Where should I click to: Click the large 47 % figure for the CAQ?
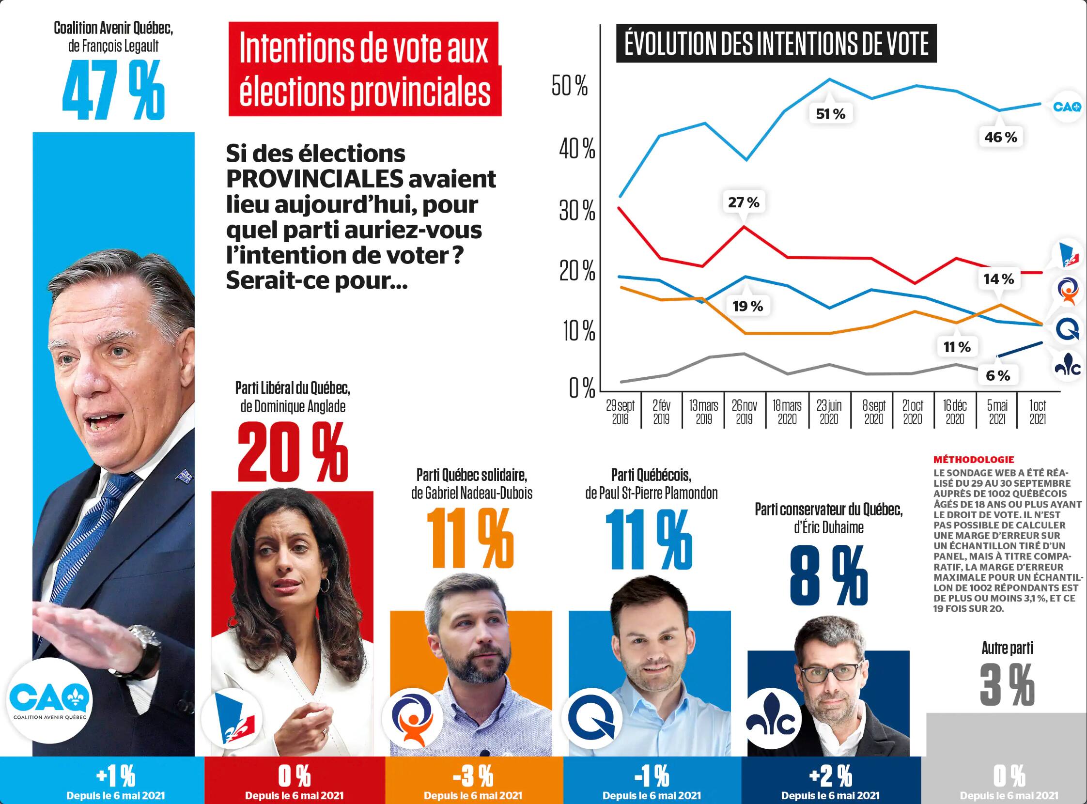pyautogui.click(x=113, y=91)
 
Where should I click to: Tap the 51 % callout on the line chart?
pyautogui.click(x=830, y=114)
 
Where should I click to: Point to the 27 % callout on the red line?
pyautogui.click(x=744, y=202)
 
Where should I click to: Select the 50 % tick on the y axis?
pyautogui.click(x=570, y=86)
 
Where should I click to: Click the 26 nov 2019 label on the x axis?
pyautogui.click(x=745, y=412)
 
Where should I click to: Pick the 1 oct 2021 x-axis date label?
pyautogui.click(x=1037, y=412)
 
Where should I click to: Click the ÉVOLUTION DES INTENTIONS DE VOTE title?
pyautogui.click(x=776, y=43)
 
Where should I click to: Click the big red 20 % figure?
pyautogui.click(x=293, y=453)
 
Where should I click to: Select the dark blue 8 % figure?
pyautogui.click(x=828, y=576)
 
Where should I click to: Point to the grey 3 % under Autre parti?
pyautogui.click(x=1007, y=685)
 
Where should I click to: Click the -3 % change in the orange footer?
pyautogui.click(x=473, y=776)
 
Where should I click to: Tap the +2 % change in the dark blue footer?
pyautogui.click(x=830, y=776)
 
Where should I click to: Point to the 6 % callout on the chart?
pyautogui.click(x=997, y=376)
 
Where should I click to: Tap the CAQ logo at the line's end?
pyautogui.click(x=1067, y=107)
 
